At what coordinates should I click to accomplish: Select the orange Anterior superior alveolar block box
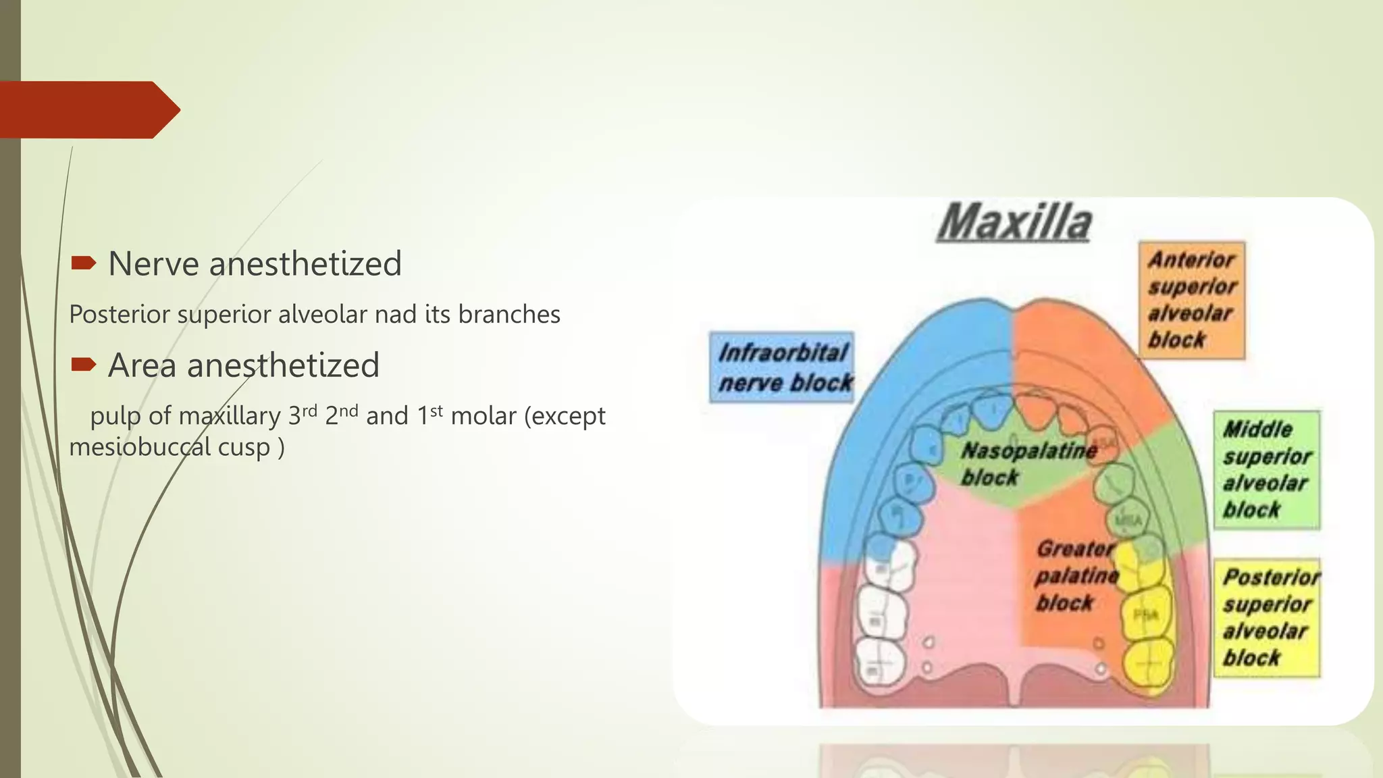1192,300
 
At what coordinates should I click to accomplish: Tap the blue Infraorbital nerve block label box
782,367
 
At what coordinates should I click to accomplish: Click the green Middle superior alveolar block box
1266,469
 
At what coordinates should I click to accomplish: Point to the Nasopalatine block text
1027,463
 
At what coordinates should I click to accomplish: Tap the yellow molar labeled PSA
1147,615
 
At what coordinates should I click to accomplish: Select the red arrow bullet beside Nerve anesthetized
84,263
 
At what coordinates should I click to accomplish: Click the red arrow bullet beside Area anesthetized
84,365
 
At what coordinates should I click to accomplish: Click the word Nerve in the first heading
154,263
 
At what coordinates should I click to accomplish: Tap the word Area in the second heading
142,365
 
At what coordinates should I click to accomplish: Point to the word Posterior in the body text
120,315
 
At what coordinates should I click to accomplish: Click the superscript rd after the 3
309,410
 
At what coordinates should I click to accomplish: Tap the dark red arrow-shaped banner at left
88,109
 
